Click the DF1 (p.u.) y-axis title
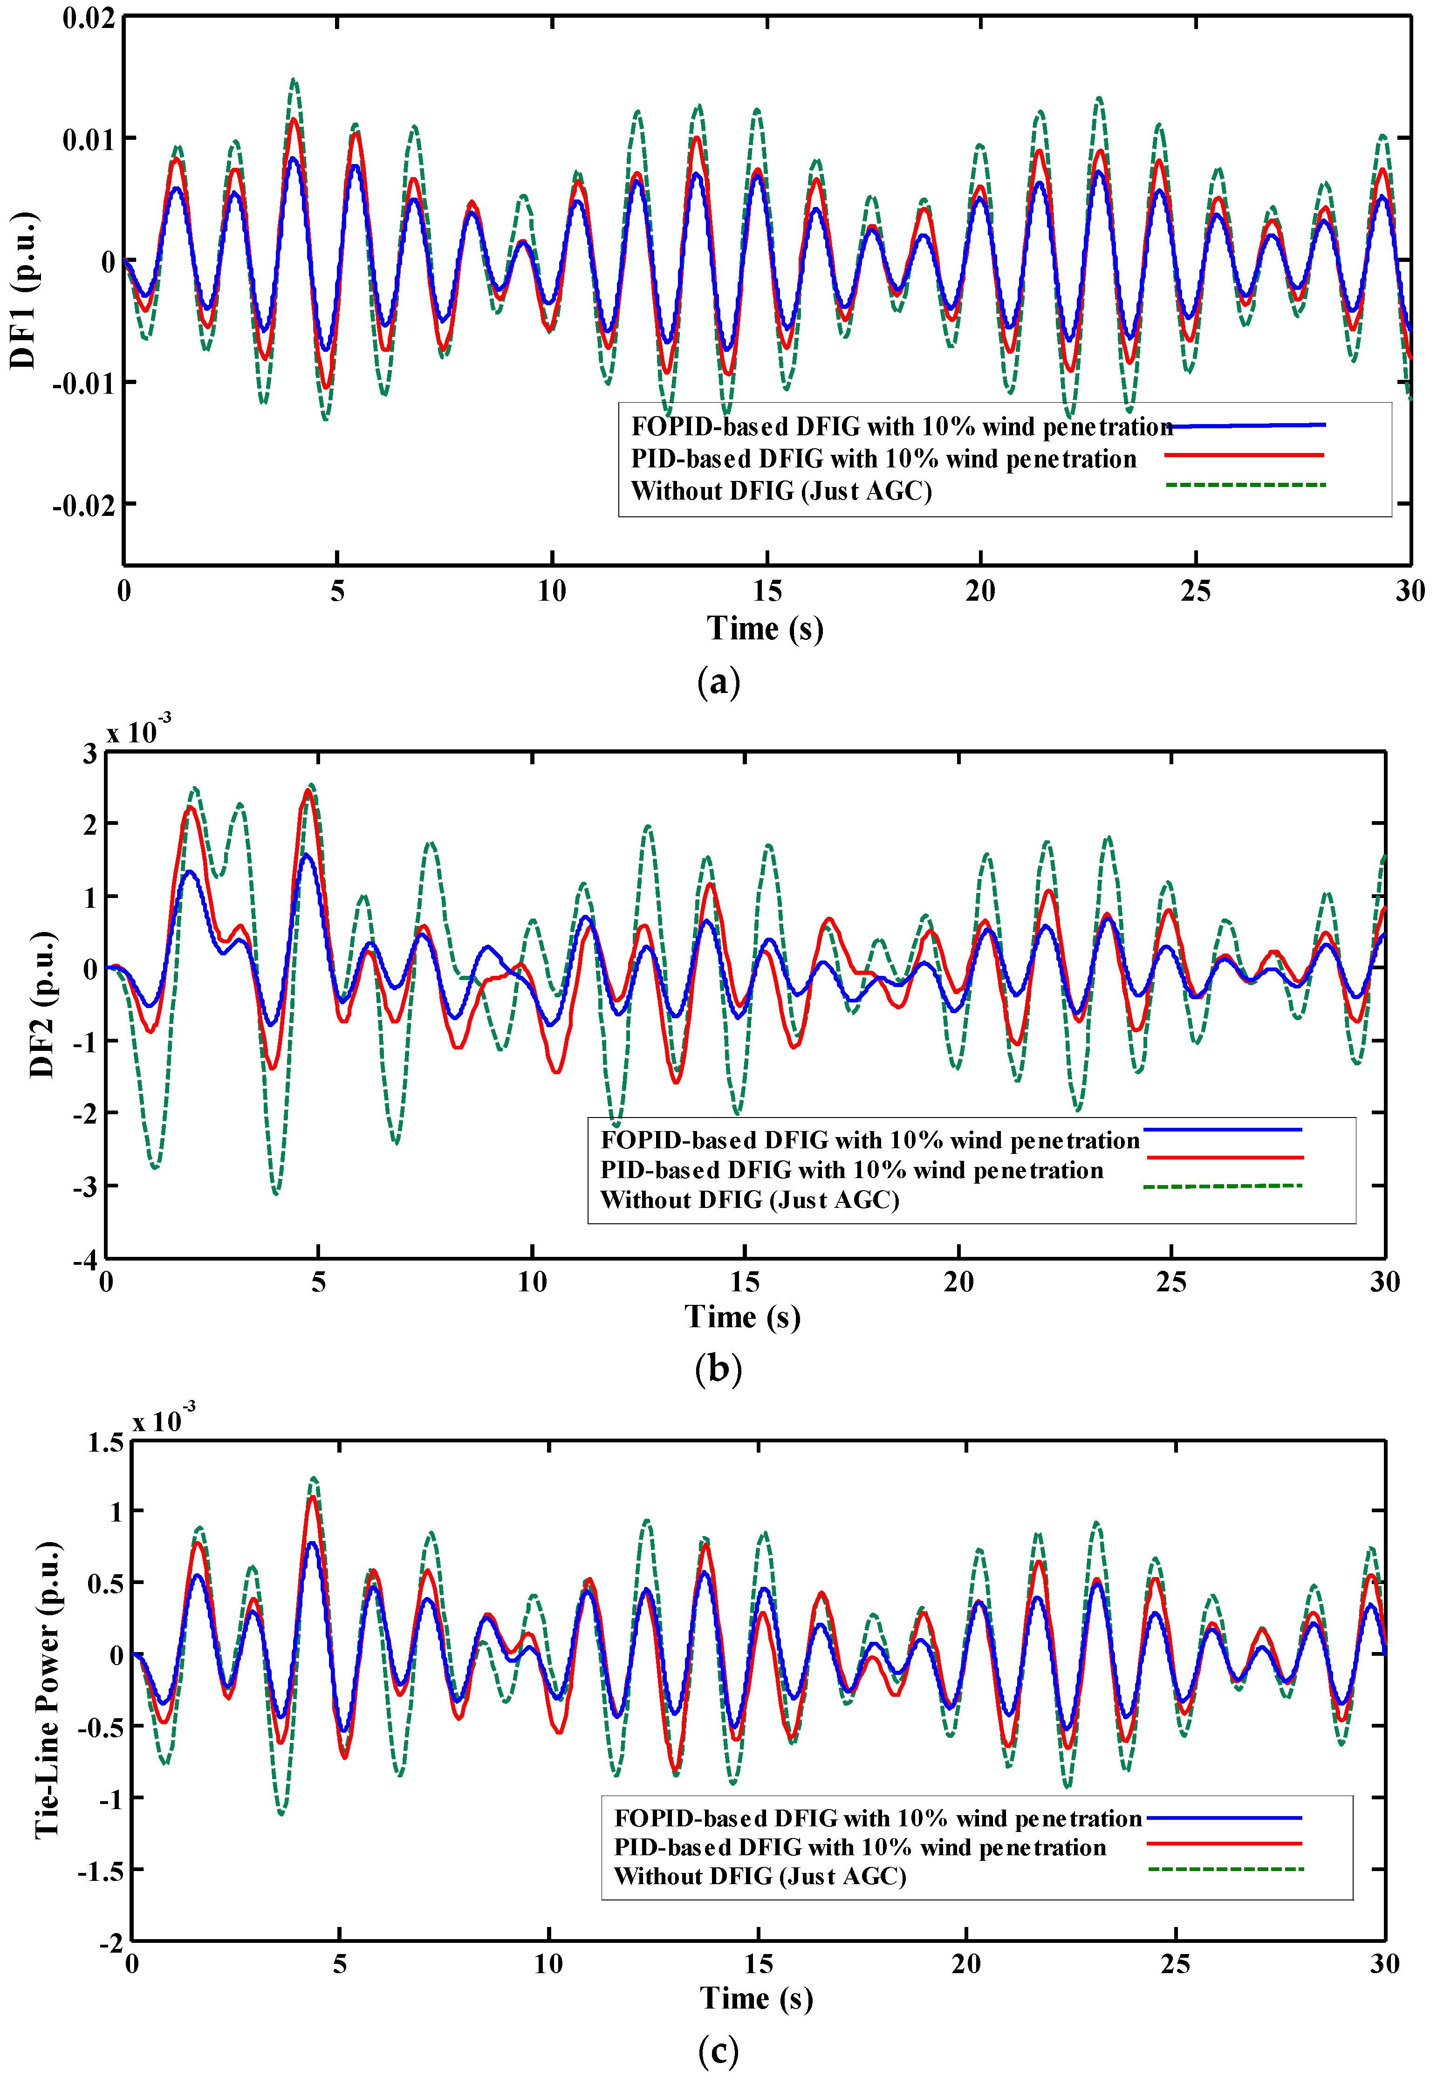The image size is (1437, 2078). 23,290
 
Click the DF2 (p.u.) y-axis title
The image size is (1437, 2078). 42,1004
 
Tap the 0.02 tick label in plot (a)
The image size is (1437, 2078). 88,18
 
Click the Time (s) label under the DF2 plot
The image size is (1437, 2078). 743,1317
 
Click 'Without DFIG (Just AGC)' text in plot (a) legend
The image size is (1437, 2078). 780,492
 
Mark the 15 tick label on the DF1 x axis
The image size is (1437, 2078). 767,591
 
